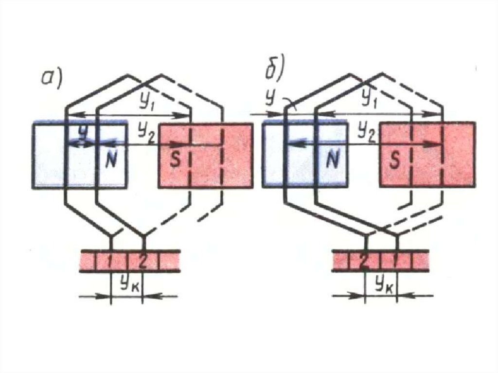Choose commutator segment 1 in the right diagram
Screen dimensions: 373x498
click(395, 262)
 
